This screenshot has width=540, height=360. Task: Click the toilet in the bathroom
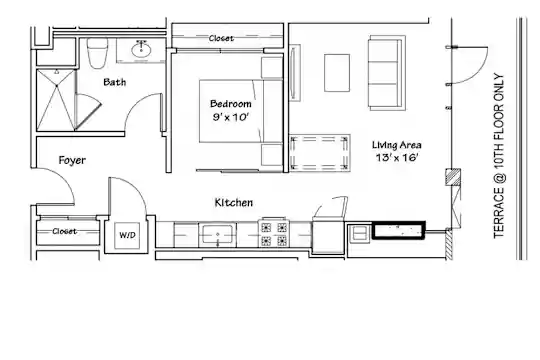tap(97, 53)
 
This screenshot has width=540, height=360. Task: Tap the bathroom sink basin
tap(141, 50)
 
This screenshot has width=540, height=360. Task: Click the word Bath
tap(115, 82)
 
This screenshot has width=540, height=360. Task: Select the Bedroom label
tap(230, 104)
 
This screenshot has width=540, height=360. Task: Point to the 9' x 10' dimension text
tap(230, 117)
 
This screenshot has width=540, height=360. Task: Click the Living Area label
tap(396, 145)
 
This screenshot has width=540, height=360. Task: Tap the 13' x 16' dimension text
tap(397, 158)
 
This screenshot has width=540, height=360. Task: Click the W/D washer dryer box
tap(127, 235)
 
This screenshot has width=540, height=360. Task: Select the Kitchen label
tap(233, 203)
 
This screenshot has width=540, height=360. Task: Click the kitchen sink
tap(217, 235)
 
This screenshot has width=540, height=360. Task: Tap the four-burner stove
tap(274, 233)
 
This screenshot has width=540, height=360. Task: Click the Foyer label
tap(72, 160)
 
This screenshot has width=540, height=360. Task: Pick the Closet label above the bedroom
tap(221, 38)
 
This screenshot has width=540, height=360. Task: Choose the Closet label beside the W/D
tap(64, 231)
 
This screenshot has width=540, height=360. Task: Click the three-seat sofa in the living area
tap(387, 73)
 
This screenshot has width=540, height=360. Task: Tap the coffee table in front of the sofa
tap(337, 73)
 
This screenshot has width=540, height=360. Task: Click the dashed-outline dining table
tap(319, 153)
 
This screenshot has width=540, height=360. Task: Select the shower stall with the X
tap(55, 100)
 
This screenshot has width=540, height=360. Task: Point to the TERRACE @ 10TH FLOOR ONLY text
tap(499, 156)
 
